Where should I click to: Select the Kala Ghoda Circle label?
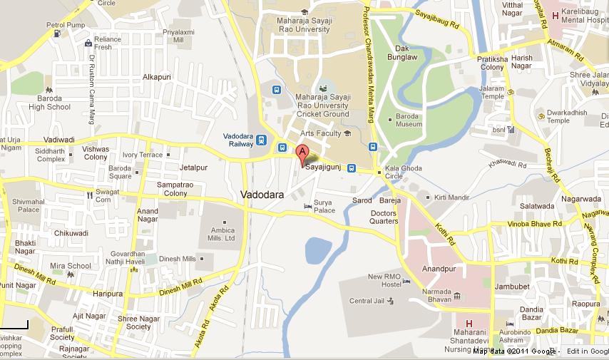click(x=403, y=172)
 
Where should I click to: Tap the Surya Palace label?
click(x=324, y=206)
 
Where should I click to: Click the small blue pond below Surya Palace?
click(x=318, y=250)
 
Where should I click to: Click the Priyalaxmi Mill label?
click(x=178, y=36)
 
